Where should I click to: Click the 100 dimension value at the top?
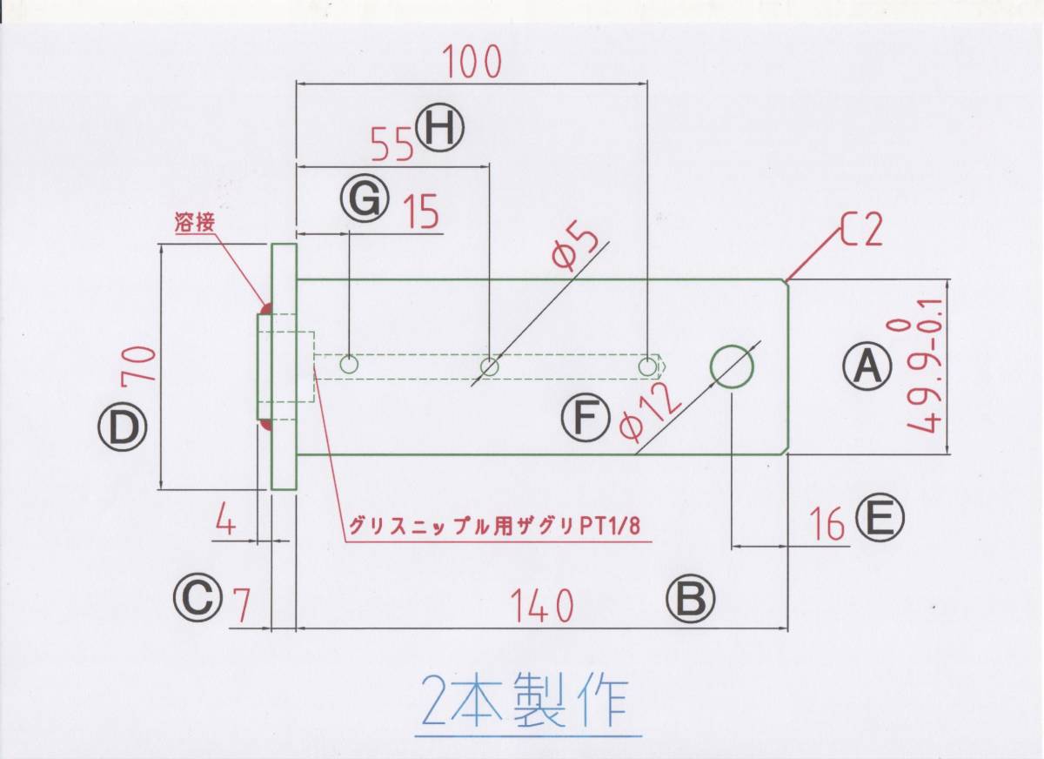[472, 63]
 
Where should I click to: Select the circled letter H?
[441, 129]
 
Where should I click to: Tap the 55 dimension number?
[391, 144]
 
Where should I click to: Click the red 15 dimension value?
[421, 212]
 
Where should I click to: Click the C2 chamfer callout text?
[861, 231]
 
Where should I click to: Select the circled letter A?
[867, 366]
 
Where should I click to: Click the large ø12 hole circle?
[733, 366]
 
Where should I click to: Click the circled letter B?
[691, 600]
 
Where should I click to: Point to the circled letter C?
[197, 599]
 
